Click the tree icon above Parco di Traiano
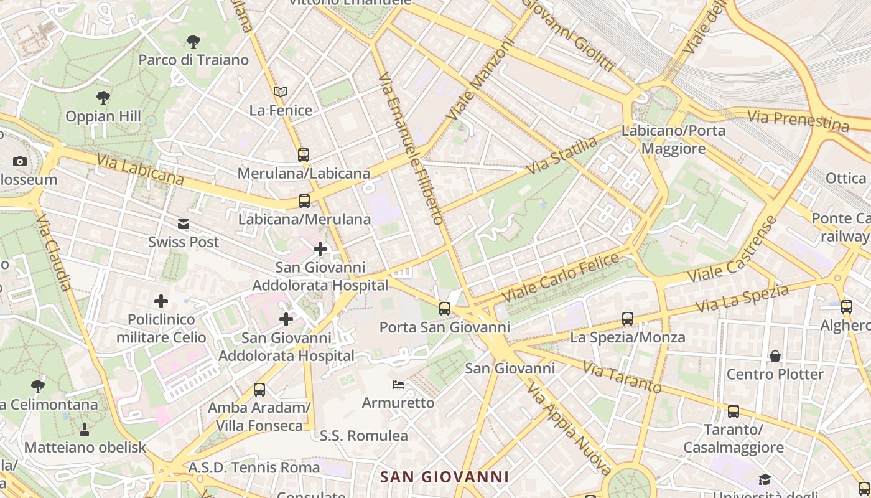(193, 42)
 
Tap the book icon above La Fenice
(281, 92)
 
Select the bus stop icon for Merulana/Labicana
(304, 154)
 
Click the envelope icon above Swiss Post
(184, 224)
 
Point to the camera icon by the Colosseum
(20, 162)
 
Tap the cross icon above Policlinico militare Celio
(161, 302)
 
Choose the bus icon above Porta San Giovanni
(444, 309)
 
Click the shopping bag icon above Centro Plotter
(775, 356)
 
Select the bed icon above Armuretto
(398, 385)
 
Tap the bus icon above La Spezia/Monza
(628, 319)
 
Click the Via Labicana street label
(140, 170)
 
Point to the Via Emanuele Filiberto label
(411, 148)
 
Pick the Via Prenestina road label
(798, 121)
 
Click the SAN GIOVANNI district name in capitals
(444, 477)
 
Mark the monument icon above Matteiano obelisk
(85, 430)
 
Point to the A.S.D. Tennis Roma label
(254, 467)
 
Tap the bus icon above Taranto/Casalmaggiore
(734, 411)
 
